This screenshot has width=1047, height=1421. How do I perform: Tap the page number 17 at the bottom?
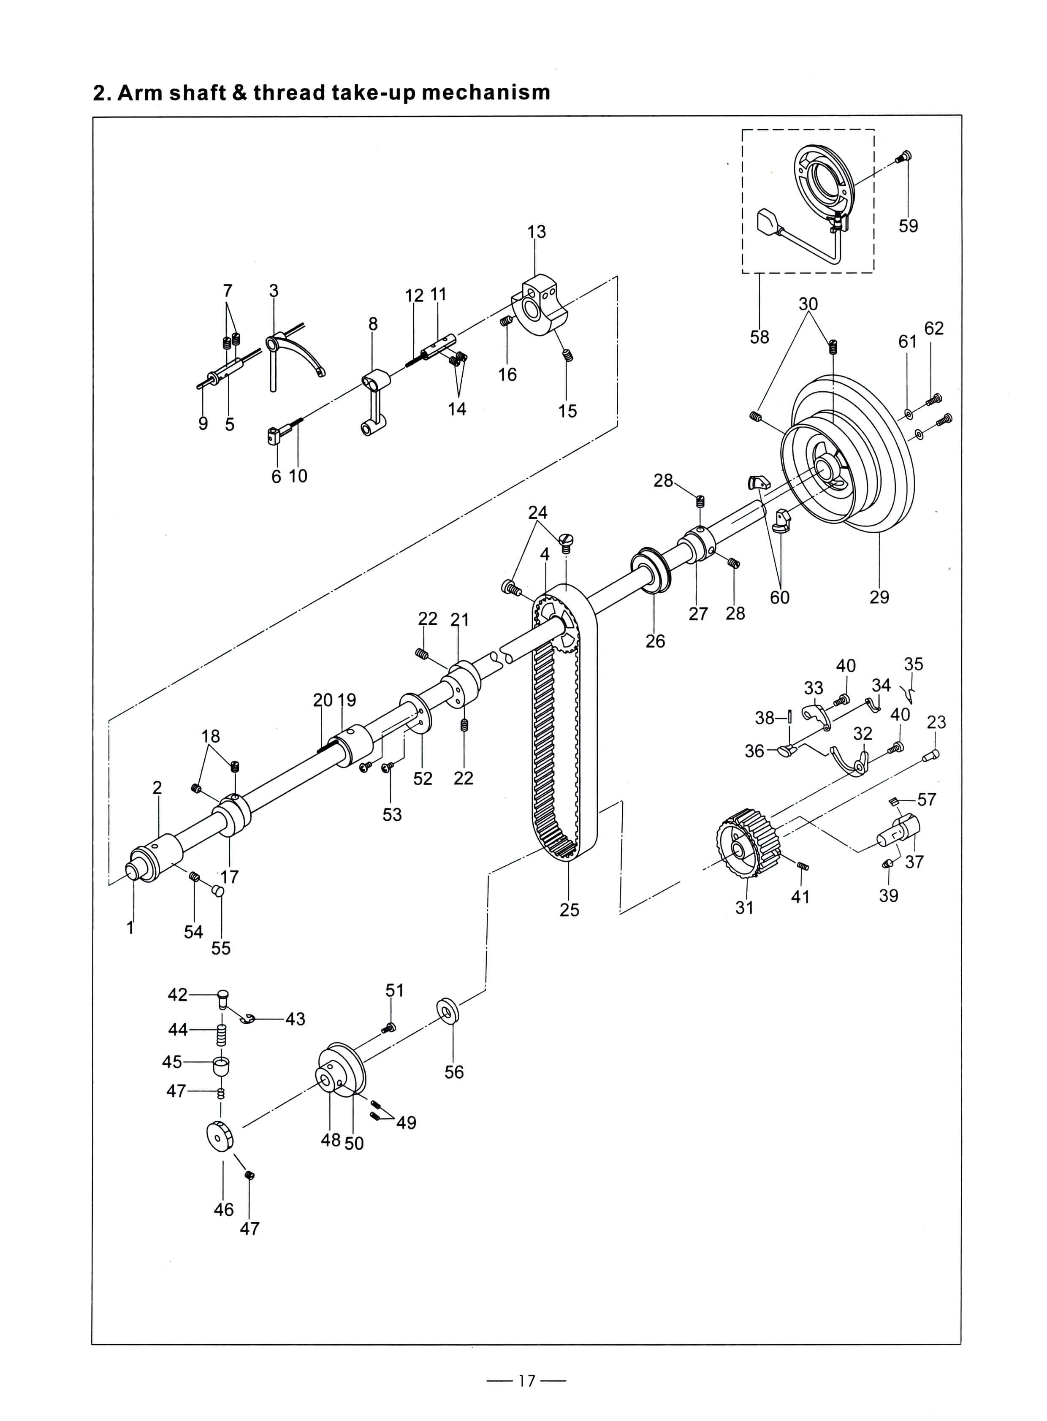point(526,1380)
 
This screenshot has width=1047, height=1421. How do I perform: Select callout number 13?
point(536,232)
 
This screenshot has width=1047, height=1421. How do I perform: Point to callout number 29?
point(879,597)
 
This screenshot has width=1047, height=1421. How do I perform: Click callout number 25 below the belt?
point(569,910)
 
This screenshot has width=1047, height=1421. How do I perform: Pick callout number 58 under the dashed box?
point(759,337)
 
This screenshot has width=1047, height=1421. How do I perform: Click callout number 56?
point(454,1072)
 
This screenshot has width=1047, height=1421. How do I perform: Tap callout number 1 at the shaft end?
point(130,928)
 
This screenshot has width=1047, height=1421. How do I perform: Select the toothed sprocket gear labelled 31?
point(748,843)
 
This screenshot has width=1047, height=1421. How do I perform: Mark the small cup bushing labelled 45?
point(220,1064)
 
